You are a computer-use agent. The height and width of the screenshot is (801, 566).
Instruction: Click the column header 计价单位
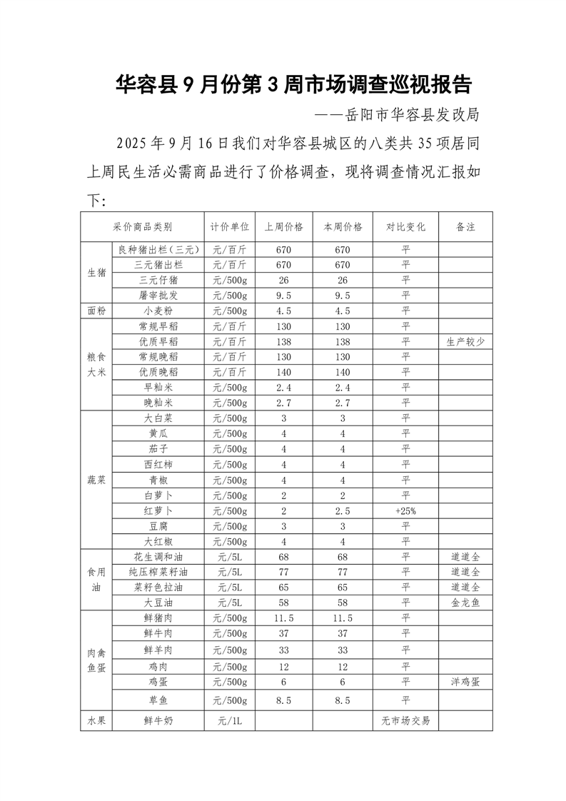(x=229, y=227)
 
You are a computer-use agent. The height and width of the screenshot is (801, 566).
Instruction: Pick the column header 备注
(x=465, y=227)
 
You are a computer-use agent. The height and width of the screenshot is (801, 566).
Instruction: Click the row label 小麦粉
(x=158, y=311)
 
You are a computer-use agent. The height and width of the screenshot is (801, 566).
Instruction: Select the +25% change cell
(x=405, y=511)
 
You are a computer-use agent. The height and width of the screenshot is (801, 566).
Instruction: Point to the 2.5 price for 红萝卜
(x=343, y=511)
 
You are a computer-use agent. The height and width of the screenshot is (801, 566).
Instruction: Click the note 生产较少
(x=465, y=341)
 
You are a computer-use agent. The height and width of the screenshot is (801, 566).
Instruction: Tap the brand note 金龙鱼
(x=465, y=603)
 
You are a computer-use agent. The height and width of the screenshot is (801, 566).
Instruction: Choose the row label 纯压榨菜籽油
(x=158, y=572)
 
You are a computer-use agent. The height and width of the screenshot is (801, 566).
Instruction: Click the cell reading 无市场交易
(x=405, y=720)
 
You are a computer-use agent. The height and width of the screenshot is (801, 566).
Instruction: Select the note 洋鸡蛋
(x=465, y=682)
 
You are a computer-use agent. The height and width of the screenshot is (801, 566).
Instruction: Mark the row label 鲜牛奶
(x=158, y=720)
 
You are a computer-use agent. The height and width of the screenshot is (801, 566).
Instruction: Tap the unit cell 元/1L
(x=229, y=720)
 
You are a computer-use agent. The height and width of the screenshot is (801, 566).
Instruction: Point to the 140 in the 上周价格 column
(x=283, y=372)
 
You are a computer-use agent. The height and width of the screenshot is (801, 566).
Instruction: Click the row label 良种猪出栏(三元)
(x=158, y=250)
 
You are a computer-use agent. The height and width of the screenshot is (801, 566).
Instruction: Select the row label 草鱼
(x=158, y=700)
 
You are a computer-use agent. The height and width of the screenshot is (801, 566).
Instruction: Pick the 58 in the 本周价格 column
(x=343, y=603)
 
